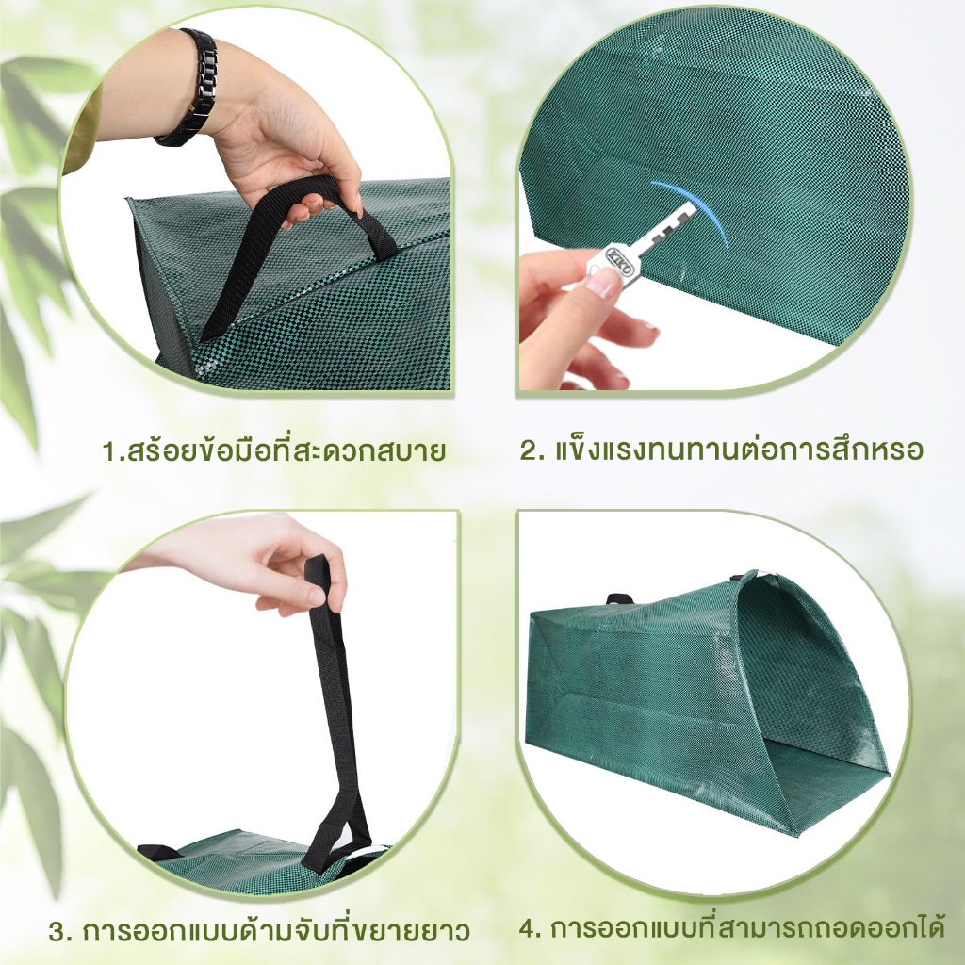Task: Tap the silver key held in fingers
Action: point(640,244)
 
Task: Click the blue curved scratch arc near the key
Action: point(699,208)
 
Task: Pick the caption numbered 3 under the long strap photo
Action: point(259,929)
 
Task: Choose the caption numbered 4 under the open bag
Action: point(731,928)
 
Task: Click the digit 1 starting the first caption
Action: point(109,451)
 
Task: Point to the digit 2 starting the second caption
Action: point(529,450)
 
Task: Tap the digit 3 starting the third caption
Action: point(57,932)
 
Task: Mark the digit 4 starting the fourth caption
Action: point(528,928)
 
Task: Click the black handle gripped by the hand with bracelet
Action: point(295,246)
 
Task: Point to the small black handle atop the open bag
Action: point(619,598)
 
